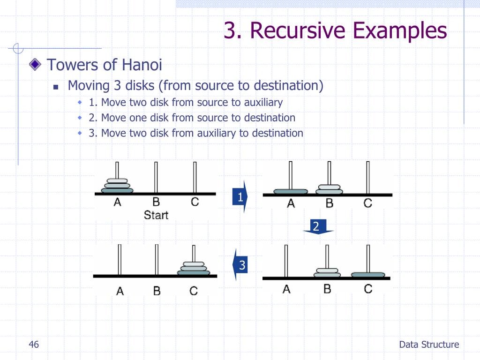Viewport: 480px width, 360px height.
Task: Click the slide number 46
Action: [x=33, y=345]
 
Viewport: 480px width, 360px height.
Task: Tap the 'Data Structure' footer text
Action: [x=429, y=345]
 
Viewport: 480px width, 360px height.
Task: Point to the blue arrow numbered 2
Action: [x=317, y=227]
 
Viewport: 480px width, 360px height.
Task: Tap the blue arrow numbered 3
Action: [x=241, y=266]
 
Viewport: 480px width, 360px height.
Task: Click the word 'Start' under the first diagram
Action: [x=156, y=215]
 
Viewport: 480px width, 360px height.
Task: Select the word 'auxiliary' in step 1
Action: [x=263, y=102]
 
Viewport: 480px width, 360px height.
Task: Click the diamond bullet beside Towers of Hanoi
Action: [x=35, y=65]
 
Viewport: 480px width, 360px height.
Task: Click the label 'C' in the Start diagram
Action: [x=195, y=202]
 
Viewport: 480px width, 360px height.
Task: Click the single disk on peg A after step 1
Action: [x=291, y=191]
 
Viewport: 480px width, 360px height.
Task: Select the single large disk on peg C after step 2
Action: [x=368, y=275]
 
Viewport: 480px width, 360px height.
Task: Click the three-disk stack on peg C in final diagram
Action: [x=194, y=269]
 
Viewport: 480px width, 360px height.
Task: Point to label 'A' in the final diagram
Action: [x=120, y=291]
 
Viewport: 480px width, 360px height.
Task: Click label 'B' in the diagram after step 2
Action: [x=327, y=289]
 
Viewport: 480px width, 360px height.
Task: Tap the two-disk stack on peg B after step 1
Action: [x=330, y=188]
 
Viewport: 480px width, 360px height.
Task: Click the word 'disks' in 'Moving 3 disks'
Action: [x=141, y=86]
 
